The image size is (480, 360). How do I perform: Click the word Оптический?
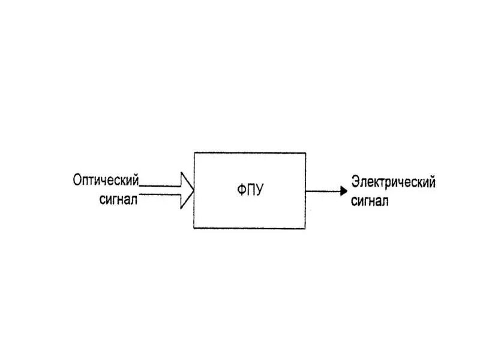pyautogui.click(x=106, y=181)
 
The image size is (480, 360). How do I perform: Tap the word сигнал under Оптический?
pyautogui.click(x=119, y=199)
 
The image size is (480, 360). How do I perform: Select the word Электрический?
pyautogui.click(x=393, y=182)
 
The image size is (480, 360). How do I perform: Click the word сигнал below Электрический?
pyautogui.click(x=370, y=201)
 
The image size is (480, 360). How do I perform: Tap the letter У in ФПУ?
pyautogui.click(x=259, y=191)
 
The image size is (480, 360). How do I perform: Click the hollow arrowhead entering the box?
pyautogui.click(x=187, y=190)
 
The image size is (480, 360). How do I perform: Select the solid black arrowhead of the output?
pyautogui.click(x=343, y=191)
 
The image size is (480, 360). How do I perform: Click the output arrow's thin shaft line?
pyautogui.click(x=323, y=191)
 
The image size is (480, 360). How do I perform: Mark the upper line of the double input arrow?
pyautogui.click(x=159, y=186)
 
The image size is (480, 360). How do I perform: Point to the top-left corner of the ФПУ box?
pyautogui.click(x=194, y=152)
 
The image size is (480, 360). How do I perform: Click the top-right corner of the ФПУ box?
pyautogui.click(x=305, y=152)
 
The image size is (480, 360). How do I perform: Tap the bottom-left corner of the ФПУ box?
pyautogui.click(x=194, y=228)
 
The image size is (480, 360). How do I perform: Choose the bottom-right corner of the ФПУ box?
pyautogui.click(x=305, y=228)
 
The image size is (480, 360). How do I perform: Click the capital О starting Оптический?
pyautogui.click(x=77, y=181)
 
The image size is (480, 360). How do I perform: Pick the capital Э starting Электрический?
pyautogui.click(x=355, y=182)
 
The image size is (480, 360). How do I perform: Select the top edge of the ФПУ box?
pyautogui.click(x=250, y=152)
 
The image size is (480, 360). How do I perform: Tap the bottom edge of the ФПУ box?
pyautogui.click(x=250, y=228)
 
